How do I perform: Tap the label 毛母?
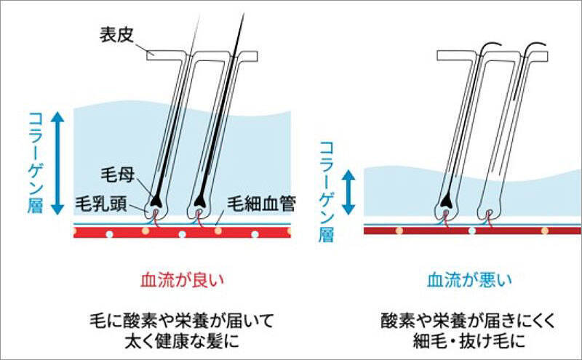click(115, 175)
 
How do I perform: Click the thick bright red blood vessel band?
click(182, 232)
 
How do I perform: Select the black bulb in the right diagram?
click(447, 199)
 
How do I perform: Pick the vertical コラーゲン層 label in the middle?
click(326, 191)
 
